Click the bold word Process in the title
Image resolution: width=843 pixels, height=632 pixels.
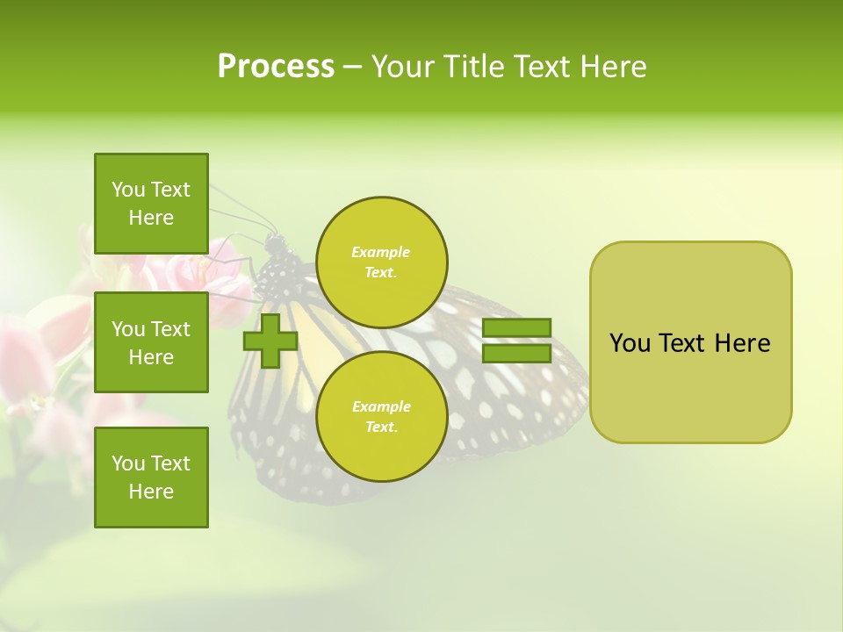click(x=276, y=67)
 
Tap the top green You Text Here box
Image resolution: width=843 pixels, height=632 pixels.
click(x=151, y=204)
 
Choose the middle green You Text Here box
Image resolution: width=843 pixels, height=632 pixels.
click(x=151, y=342)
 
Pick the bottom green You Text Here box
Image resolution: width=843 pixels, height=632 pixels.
click(x=151, y=478)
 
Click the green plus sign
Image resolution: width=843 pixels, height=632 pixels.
click(x=270, y=341)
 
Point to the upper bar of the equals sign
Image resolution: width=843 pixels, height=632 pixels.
click(x=516, y=327)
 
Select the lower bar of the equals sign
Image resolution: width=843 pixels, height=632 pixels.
click(x=516, y=354)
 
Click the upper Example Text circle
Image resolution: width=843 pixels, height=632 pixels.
click(x=381, y=262)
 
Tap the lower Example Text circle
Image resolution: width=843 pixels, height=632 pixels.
click(x=381, y=417)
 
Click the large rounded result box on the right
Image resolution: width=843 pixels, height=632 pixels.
click(x=690, y=342)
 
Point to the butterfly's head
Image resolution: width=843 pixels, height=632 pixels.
click(x=276, y=244)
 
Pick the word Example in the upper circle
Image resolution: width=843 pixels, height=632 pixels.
click(x=381, y=252)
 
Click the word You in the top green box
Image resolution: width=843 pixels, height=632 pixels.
click(x=128, y=190)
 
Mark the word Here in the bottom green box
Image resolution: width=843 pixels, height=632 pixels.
click(x=151, y=492)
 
